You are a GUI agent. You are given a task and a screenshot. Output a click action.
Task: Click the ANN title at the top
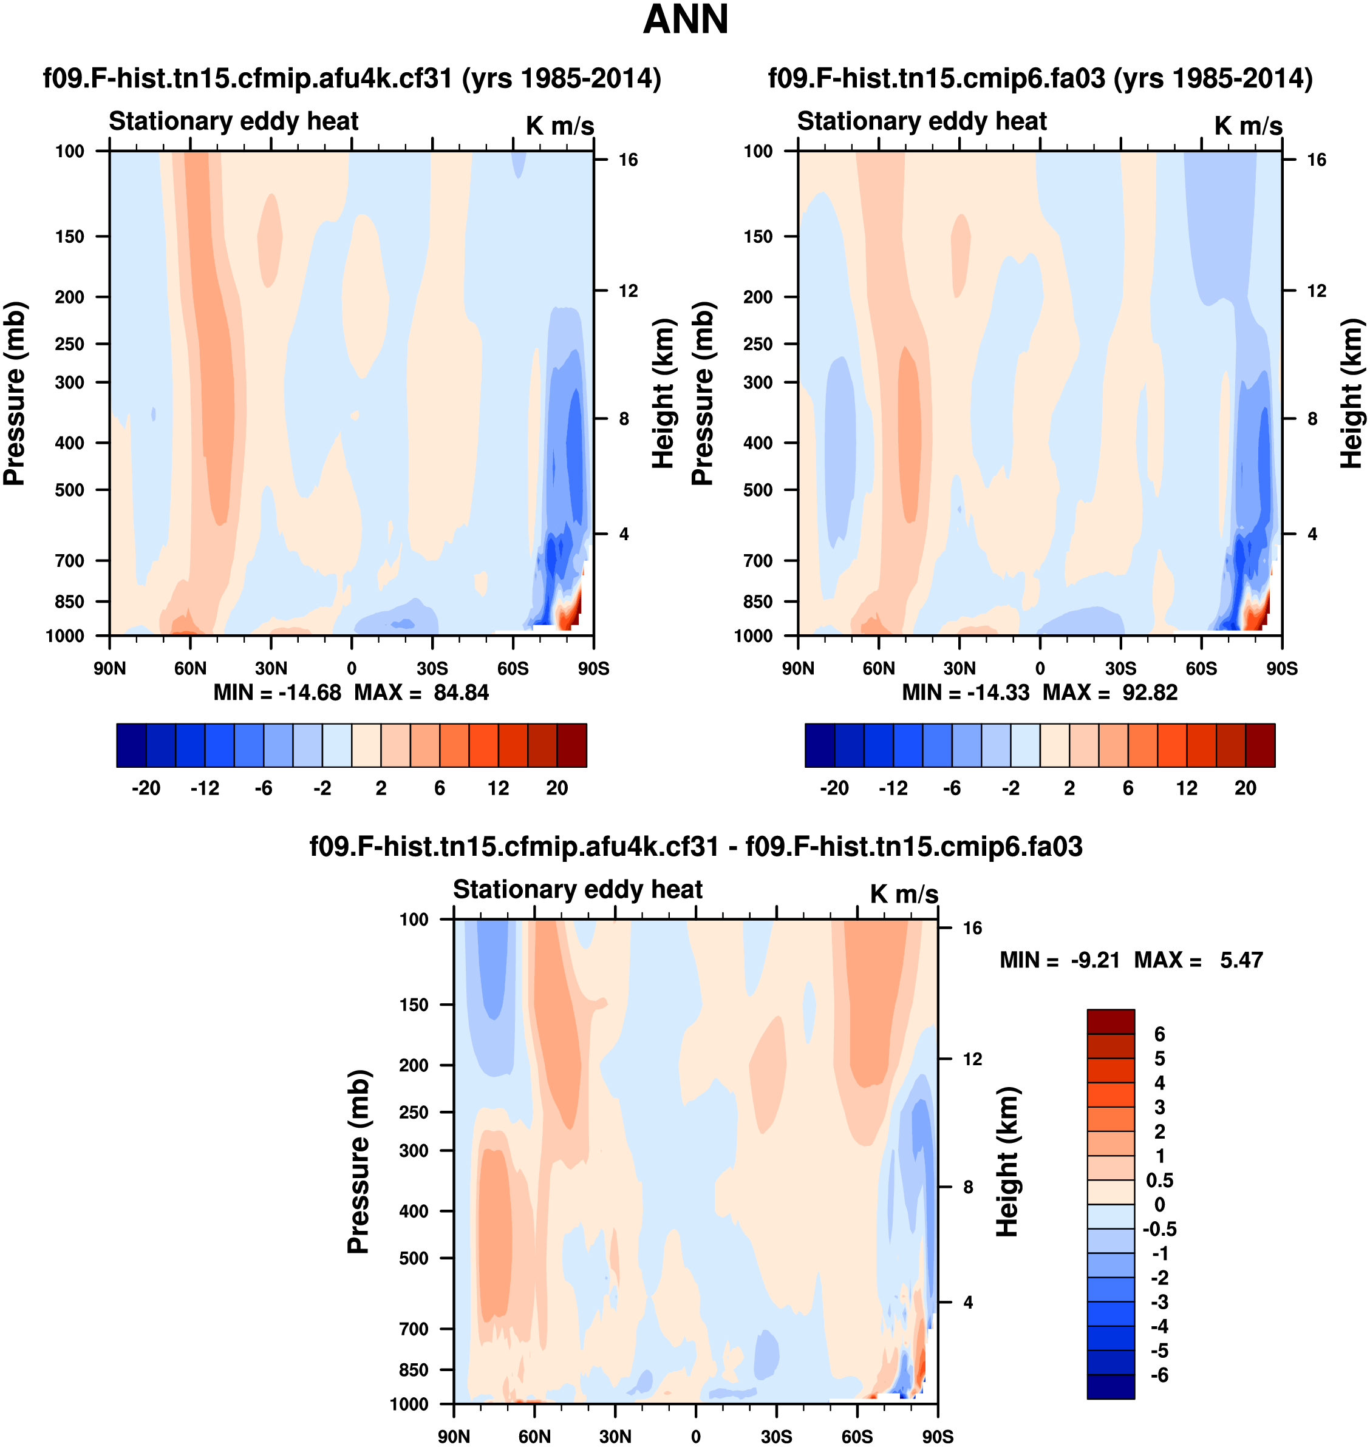tap(685, 19)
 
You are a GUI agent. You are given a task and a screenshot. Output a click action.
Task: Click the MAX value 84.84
tap(461, 692)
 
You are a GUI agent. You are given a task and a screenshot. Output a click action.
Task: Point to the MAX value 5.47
tap(1241, 960)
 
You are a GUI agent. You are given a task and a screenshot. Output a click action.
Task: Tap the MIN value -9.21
tap(1096, 960)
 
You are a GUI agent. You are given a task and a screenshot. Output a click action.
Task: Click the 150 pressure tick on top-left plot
tap(69, 237)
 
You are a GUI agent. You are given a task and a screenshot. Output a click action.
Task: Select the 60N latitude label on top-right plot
tap(879, 669)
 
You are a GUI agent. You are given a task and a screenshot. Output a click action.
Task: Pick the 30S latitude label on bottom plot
tap(776, 1437)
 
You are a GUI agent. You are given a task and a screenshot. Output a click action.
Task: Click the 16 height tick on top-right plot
tap(1316, 160)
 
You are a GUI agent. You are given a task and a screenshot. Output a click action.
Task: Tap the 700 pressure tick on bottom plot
tap(414, 1329)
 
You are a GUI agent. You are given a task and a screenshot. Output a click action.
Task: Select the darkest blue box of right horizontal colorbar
tap(819, 745)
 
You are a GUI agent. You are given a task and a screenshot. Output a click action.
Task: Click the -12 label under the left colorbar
tap(205, 788)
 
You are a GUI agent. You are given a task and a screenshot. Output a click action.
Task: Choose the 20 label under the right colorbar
tap(1245, 788)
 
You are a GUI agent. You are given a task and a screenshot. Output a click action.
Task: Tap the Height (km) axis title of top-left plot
tap(662, 393)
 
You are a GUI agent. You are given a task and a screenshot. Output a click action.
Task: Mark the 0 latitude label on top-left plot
tap(351, 669)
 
